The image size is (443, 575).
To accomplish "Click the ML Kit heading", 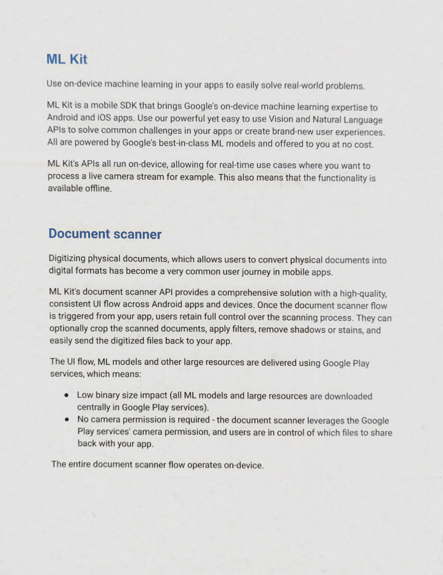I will pos(66,59).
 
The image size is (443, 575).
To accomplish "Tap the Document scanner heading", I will pos(105,234).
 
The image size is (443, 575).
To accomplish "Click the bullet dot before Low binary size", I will pos(66,395).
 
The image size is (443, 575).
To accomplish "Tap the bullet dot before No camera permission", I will pos(66,419).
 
